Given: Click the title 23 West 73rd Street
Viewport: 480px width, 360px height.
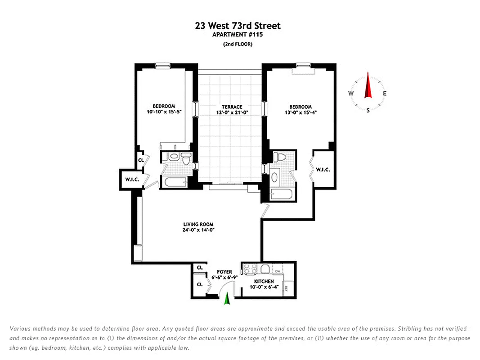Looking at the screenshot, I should point(238,26).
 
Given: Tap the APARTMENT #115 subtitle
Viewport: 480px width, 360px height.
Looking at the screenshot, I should point(238,35).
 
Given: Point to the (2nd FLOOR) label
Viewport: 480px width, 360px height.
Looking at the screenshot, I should point(238,44).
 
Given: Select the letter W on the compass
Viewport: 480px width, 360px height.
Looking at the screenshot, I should point(350,94).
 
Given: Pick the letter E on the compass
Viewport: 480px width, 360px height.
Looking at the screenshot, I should point(385,94).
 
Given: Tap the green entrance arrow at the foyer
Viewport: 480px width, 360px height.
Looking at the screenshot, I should point(227,299).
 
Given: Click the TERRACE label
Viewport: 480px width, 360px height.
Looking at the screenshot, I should point(232,107).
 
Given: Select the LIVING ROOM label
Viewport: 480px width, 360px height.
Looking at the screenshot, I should point(198,224).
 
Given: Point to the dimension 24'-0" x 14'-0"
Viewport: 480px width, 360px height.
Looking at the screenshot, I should point(198,230).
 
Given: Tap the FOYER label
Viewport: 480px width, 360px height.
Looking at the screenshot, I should point(224,272).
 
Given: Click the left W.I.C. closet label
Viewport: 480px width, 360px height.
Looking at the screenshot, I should point(132,180).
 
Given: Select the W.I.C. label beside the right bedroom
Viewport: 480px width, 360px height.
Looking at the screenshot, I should point(323,170).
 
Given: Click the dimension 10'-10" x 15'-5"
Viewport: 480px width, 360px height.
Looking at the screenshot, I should point(160,112).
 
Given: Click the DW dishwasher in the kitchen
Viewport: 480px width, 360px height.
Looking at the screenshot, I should point(278,271).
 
